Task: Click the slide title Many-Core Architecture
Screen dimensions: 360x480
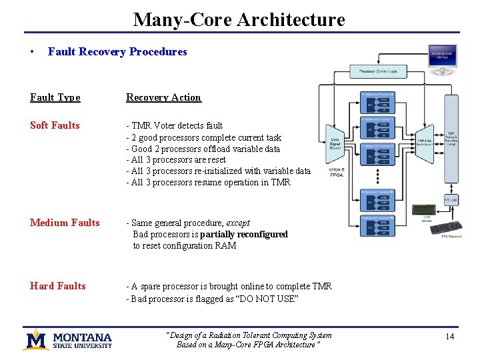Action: (239, 19)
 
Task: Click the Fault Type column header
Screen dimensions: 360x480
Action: (55, 97)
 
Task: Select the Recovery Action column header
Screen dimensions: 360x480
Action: (163, 97)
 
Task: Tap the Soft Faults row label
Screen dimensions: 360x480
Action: (55, 125)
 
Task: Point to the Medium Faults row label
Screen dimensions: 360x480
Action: (65, 223)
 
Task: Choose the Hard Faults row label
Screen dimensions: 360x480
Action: (57, 286)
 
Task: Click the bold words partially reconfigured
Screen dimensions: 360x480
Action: (244, 234)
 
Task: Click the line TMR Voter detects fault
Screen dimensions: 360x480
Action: (175, 125)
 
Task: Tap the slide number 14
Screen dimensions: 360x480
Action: (449, 337)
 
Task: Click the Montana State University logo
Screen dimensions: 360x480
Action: (67, 340)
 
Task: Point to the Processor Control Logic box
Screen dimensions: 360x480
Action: (378, 71)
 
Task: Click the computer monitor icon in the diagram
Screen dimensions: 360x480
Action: (443, 57)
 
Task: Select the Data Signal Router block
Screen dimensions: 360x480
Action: (335, 143)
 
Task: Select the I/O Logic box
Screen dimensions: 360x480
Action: (451, 200)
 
